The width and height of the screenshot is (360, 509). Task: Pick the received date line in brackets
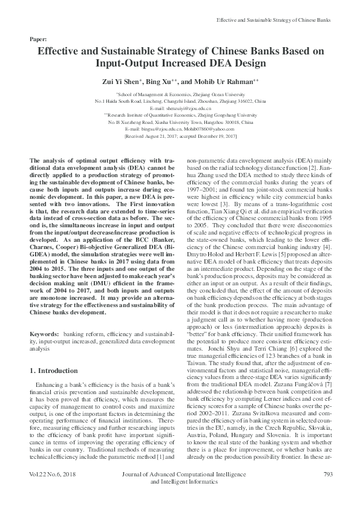click(x=180, y=137)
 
